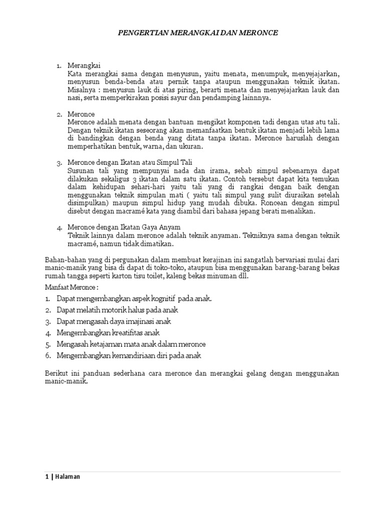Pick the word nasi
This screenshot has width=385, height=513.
[74, 98]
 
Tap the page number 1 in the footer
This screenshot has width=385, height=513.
[46, 477]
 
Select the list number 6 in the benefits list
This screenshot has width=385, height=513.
[48, 356]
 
